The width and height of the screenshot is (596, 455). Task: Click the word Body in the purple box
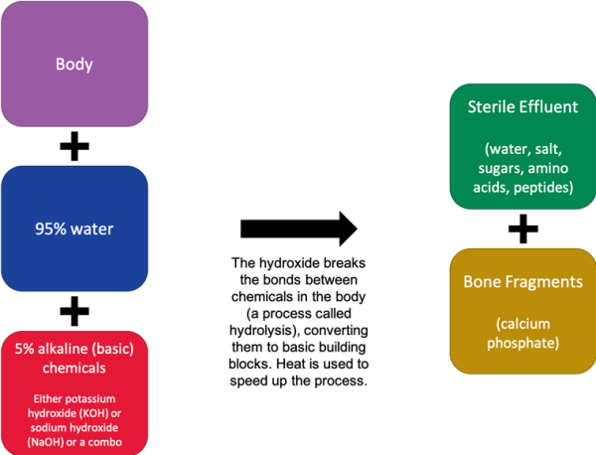point(74,65)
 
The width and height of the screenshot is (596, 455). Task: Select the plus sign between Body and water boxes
point(74,146)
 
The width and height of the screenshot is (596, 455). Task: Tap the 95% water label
point(74,228)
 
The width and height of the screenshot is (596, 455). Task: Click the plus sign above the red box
point(74,311)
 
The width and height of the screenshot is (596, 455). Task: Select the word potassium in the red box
point(90,398)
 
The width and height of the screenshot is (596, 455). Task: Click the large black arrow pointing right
point(299,228)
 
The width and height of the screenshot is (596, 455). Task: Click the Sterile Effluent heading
point(522,107)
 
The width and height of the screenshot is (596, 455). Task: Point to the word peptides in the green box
point(543,188)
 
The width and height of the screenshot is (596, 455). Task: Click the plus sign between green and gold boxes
point(523,228)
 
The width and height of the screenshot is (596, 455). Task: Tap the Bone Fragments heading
point(523,282)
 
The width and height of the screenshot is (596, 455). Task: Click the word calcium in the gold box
point(523,324)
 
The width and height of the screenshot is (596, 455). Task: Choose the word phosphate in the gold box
point(523,343)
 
